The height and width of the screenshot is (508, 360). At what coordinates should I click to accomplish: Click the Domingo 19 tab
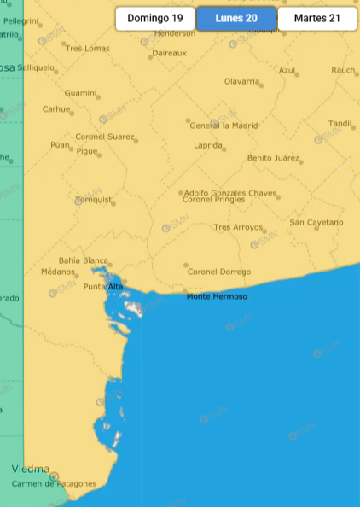[155, 18]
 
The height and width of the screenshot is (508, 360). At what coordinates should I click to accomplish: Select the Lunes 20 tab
[236, 18]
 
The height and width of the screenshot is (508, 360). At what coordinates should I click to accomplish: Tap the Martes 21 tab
[316, 18]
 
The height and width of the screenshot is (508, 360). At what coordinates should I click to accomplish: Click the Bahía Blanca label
[84, 260]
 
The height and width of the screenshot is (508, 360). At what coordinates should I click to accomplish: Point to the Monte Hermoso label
[217, 296]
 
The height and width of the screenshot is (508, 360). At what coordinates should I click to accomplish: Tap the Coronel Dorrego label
[220, 272]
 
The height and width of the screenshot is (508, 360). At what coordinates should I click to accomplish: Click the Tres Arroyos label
[238, 227]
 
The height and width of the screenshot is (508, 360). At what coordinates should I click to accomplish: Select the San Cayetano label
[316, 222]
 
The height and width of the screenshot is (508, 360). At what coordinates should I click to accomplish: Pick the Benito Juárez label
[274, 158]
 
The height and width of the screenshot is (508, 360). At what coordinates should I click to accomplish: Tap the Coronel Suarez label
[105, 136]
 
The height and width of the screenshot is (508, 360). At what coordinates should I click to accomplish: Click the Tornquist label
[94, 200]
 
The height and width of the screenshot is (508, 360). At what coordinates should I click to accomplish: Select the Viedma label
[31, 469]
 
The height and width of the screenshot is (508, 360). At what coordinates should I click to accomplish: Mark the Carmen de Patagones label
[54, 484]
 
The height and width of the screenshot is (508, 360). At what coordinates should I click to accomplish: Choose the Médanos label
[58, 272]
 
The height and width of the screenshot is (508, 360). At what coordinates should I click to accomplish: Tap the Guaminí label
[80, 92]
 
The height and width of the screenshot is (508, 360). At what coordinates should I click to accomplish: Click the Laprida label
[209, 145]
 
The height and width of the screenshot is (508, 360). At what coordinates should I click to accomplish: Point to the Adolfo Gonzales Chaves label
[230, 193]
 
